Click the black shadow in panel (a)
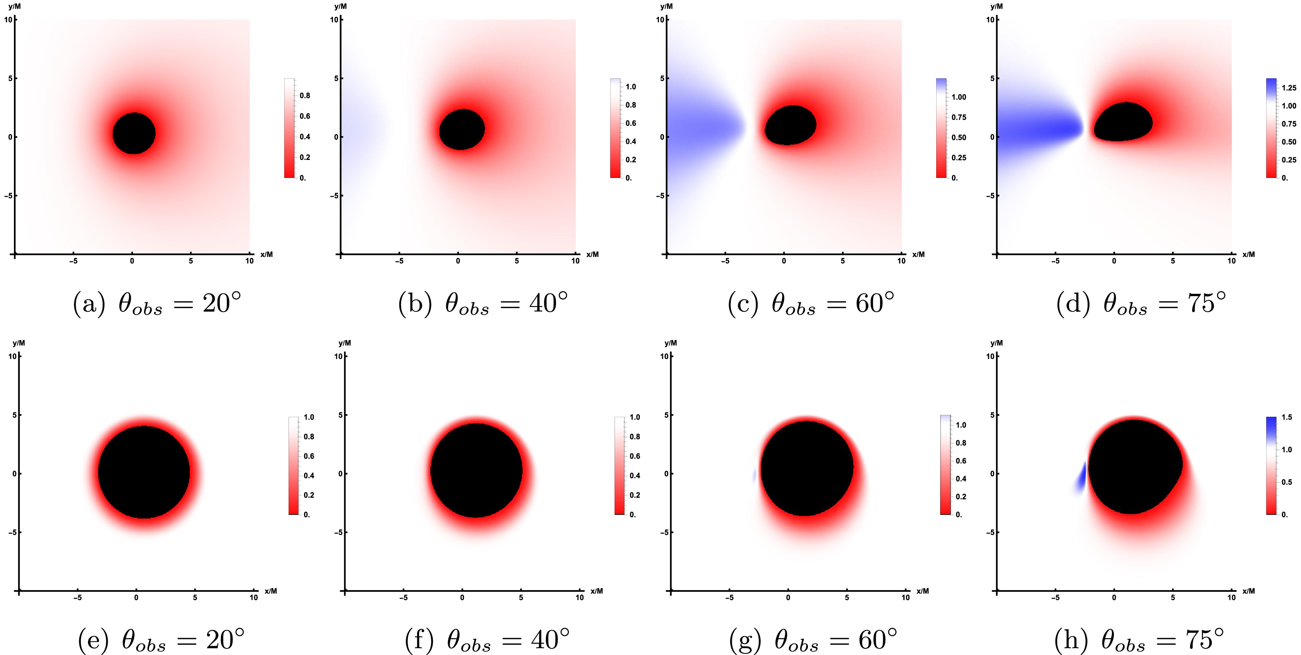click(134, 133)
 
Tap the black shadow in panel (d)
click(1124, 123)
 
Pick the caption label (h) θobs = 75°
click(1139, 640)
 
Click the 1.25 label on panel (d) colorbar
click(1289, 88)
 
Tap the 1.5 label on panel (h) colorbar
click(1287, 417)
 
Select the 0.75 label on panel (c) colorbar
click(959, 117)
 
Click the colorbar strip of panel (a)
click(289, 128)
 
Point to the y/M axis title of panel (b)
click(340, 6)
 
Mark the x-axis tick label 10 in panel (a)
click(249, 261)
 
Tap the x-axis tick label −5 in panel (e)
click(77, 598)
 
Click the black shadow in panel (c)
click(790, 126)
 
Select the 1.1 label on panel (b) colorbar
click(631, 87)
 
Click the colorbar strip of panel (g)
click(945, 464)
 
